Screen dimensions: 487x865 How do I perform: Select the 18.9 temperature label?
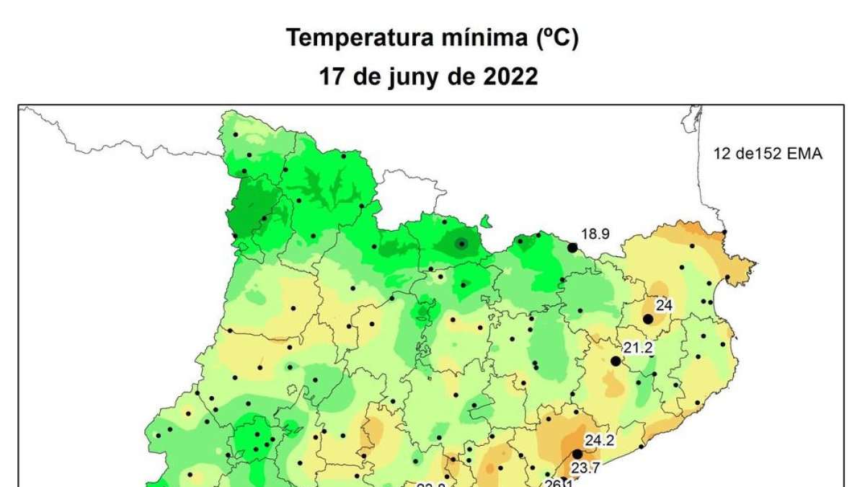coord(595,233)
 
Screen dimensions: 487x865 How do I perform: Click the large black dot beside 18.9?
coord(572,247)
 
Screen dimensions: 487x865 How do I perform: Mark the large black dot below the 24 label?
coord(648,319)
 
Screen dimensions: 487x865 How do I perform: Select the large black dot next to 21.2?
coord(615,361)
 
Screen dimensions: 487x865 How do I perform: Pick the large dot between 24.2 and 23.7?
coord(577,454)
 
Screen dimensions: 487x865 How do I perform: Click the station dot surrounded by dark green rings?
coord(461,244)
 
